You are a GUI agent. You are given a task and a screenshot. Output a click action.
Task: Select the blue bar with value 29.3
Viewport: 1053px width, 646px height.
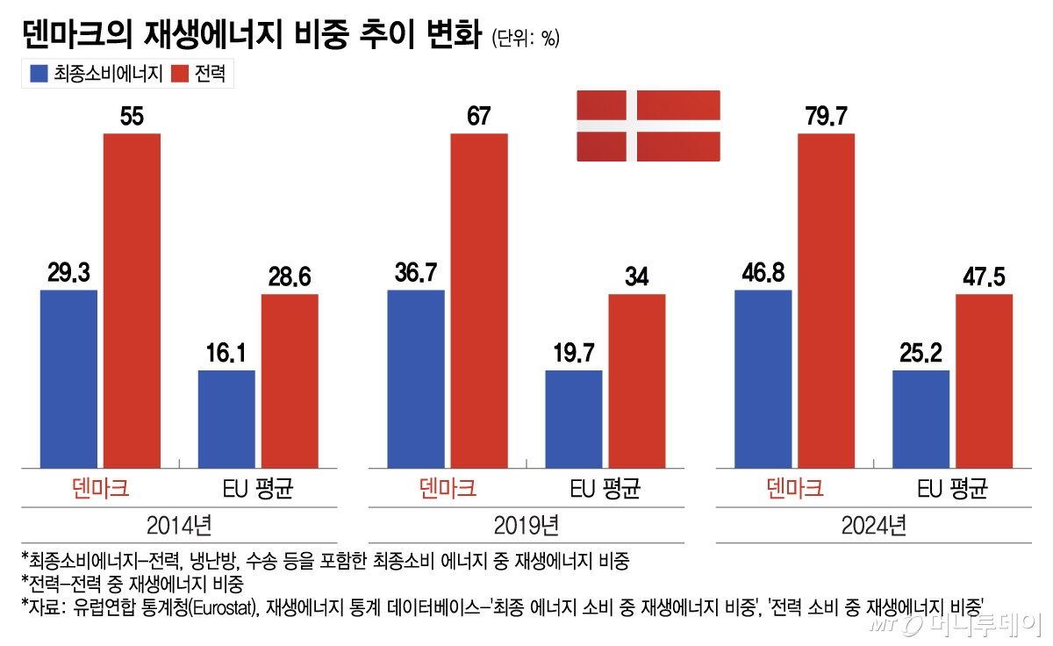coord(68,378)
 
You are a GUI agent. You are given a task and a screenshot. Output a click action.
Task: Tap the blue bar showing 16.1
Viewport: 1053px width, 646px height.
coord(226,419)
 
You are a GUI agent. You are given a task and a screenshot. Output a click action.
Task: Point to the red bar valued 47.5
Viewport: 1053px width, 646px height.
coord(984,381)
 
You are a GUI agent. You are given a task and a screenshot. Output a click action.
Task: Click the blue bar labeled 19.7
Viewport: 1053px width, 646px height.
coord(574,419)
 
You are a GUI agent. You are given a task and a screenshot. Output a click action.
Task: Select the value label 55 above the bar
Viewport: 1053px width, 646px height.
coord(132,117)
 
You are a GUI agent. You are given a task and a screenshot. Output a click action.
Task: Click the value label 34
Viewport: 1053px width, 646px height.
coord(637,277)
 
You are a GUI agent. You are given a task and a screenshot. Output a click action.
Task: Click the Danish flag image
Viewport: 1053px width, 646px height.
coord(648,125)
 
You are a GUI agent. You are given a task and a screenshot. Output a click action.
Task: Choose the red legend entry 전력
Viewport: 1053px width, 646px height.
coord(197,75)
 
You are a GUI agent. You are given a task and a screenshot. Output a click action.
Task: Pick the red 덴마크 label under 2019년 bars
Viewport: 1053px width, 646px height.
coord(448,487)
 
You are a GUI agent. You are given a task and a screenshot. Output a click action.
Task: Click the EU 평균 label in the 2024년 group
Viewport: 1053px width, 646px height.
coord(952,487)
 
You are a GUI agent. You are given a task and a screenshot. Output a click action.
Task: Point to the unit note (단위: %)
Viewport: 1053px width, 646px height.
coord(526,39)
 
